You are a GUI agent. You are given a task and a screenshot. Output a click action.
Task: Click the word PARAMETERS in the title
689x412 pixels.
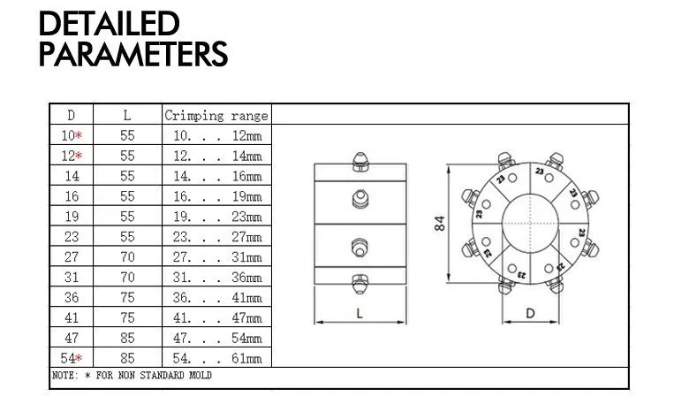point(133,55)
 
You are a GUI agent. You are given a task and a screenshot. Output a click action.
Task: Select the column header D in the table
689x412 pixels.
point(72,115)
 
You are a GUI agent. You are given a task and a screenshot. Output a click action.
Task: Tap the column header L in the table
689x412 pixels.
point(127,115)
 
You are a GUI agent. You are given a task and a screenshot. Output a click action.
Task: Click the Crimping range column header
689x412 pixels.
point(216,115)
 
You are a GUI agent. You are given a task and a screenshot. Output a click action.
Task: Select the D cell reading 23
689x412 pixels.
point(72,236)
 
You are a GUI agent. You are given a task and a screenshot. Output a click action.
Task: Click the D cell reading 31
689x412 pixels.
point(72,277)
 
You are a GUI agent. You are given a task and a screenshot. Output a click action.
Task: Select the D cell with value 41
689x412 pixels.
point(72,317)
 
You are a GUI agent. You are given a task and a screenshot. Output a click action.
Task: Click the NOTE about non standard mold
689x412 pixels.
point(132,375)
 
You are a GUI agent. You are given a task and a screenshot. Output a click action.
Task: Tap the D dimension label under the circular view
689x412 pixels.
point(530,313)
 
